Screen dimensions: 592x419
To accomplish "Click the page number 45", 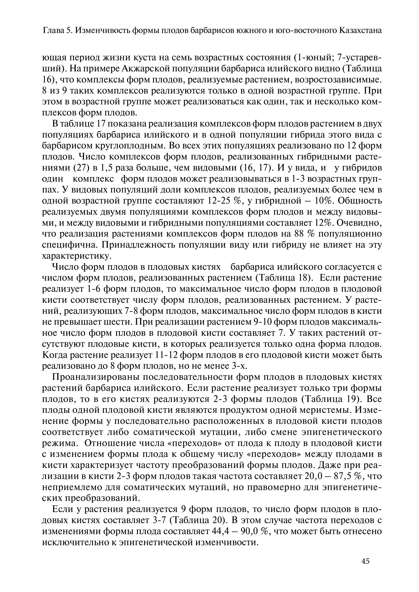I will coord(366,568).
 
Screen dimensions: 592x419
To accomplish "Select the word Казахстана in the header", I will coord(360,31).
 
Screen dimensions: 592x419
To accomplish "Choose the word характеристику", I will coord(77,256).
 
